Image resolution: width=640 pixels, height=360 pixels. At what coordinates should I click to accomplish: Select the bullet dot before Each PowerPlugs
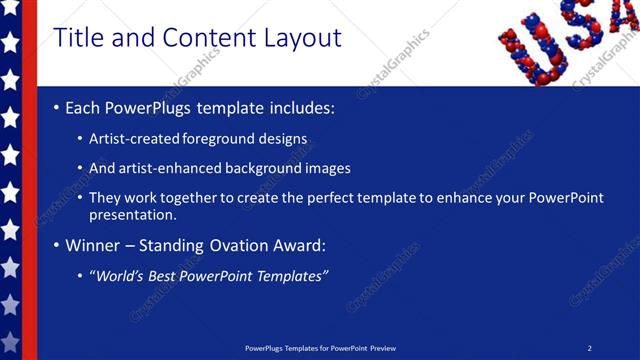(56, 107)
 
